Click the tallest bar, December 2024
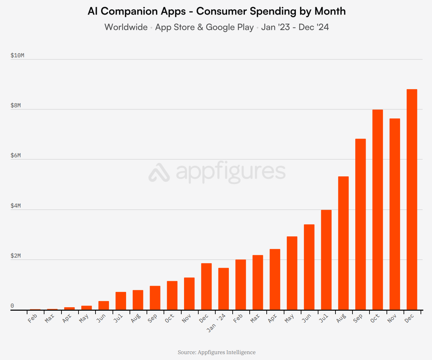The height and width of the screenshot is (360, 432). coord(412,200)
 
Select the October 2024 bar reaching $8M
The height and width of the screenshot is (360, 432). coord(377,210)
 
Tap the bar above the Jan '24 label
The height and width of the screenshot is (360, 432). coord(223,289)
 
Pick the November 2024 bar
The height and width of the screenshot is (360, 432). coord(395,214)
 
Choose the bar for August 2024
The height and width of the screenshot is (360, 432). coord(343,243)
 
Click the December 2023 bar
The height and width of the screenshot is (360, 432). coord(206,286)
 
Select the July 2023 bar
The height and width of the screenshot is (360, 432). coord(121,301)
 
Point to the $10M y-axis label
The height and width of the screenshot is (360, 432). coord(17,56)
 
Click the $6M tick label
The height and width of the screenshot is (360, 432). coord(16,156)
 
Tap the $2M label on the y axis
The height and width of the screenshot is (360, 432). coord(16,256)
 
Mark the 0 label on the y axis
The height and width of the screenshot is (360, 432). coord(12,306)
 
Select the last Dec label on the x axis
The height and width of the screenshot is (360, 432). coord(409,318)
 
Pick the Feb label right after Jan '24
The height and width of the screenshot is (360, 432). coord(238,318)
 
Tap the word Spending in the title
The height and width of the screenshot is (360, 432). coord(273,11)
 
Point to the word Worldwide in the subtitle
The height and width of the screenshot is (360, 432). coord(126,27)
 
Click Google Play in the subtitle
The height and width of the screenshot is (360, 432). coord(230,27)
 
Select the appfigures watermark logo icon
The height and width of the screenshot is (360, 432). coord(159,172)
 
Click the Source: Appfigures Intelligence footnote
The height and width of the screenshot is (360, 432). coord(217,352)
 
